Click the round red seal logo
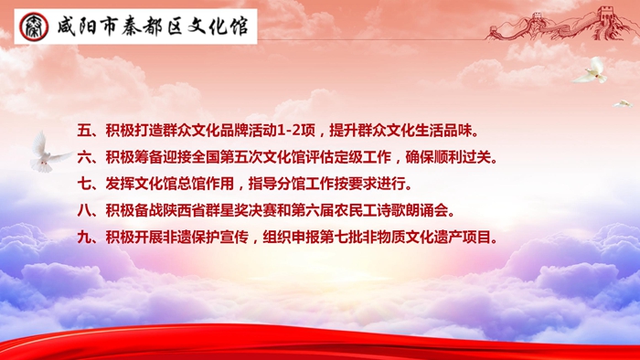pyautogui.click(x=34, y=26)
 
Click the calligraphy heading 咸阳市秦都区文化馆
pyautogui.click(x=153, y=26)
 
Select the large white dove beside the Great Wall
pyautogui.click(x=592, y=70)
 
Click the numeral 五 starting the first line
pyautogui.click(x=84, y=131)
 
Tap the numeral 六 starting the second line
pyautogui.click(x=84, y=157)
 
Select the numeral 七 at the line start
pyautogui.click(x=84, y=184)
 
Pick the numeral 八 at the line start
pyautogui.click(x=84, y=211)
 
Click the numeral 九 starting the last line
pyautogui.click(x=84, y=238)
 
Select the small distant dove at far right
pyautogui.click(x=622, y=104)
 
